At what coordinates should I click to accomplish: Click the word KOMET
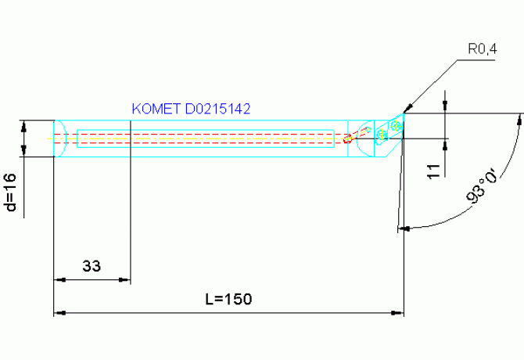157,109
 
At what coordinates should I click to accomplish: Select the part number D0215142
217,109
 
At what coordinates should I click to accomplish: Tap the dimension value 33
92,266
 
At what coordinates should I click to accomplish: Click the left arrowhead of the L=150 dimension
58,313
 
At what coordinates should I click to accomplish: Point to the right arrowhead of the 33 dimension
124,279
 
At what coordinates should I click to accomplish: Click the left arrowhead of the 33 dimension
58,279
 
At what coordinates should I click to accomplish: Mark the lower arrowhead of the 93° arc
404,229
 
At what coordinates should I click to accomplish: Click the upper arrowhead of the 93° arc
519,119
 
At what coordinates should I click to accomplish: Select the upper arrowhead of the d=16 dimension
24,124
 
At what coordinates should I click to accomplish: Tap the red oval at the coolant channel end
347,139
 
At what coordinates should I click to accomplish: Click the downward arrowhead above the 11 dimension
446,109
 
